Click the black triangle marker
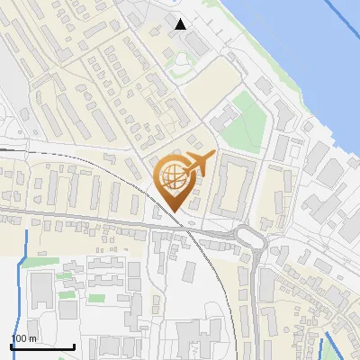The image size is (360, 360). click(181, 24)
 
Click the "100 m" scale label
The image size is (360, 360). click(24, 337)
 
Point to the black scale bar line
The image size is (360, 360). click(42, 346)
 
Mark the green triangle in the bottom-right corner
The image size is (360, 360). click(353, 354)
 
